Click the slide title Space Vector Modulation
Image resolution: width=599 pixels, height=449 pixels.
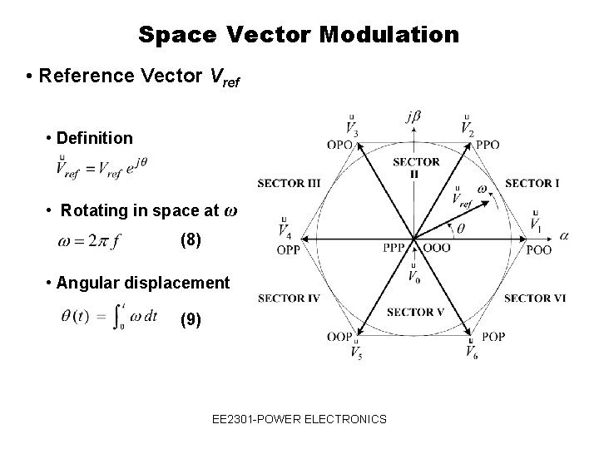click(x=299, y=34)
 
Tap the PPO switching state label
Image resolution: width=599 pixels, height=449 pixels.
click(x=488, y=144)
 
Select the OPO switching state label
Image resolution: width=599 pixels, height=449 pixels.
click(x=340, y=144)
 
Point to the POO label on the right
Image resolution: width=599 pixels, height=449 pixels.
click(x=539, y=249)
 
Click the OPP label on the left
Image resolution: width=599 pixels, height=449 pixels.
click(x=289, y=249)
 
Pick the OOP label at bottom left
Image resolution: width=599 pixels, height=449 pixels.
click(x=339, y=337)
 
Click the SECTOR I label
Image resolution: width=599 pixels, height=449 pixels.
click(x=532, y=183)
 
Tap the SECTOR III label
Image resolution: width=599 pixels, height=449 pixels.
click(x=289, y=183)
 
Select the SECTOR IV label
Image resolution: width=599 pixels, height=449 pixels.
click(x=289, y=298)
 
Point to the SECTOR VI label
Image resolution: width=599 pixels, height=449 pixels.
click(x=534, y=298)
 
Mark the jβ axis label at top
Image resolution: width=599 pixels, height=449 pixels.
click(x=413, y=117)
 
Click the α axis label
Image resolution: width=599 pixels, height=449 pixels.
click(x=565, y=236)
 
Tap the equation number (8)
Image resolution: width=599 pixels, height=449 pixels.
click(x=191, y=241)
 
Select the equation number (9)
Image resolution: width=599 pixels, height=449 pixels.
click(x=191, y=319)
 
